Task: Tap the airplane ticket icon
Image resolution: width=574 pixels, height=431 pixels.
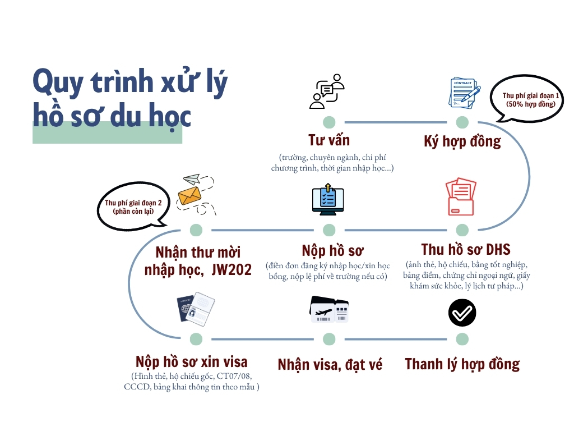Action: point(329,309)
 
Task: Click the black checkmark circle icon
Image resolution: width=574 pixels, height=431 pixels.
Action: point(462,313)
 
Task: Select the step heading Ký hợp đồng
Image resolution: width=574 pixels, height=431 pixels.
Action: point(462,141)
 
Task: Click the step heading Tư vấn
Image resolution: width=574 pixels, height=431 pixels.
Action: point(329,140)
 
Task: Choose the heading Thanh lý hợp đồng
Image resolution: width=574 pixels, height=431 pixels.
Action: point(462,364)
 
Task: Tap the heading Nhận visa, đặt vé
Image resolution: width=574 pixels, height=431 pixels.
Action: point(330,365)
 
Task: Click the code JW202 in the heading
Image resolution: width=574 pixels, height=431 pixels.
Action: point(232,270)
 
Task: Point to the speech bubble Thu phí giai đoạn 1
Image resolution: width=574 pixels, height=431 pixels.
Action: point(526,100)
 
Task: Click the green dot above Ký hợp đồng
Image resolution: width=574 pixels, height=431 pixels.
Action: point(462,122)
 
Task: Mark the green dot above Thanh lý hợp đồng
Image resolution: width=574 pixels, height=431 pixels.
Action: point(462,339)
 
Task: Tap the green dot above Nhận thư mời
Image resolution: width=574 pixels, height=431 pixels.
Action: point(196,230)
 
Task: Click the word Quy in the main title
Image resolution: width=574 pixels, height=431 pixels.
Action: point(56,82)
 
